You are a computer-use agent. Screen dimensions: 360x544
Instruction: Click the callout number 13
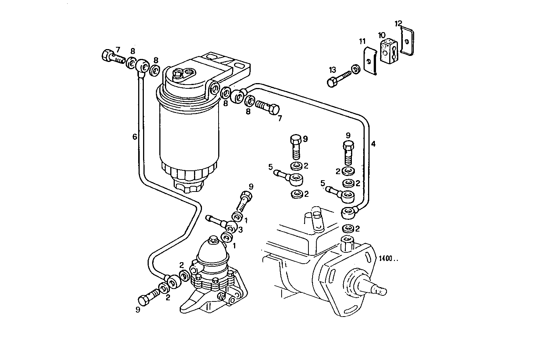click(332, 70)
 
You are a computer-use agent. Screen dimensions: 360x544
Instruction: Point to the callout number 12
click(399, 23)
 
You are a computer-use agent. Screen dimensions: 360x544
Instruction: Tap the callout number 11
click(362, 41)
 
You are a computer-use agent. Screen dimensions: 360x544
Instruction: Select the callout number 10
click(382, 35)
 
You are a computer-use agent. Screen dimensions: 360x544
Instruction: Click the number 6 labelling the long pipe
click(135, 137)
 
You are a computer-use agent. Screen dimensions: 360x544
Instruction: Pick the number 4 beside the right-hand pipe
click(373, 144)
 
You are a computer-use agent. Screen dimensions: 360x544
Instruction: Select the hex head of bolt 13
click(332, 82)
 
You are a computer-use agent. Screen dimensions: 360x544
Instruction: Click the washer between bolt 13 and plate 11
click(355, 69)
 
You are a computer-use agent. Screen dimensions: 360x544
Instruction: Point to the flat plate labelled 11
click(370, 61)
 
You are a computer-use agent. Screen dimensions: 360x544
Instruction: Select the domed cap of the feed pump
click(213, 252)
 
